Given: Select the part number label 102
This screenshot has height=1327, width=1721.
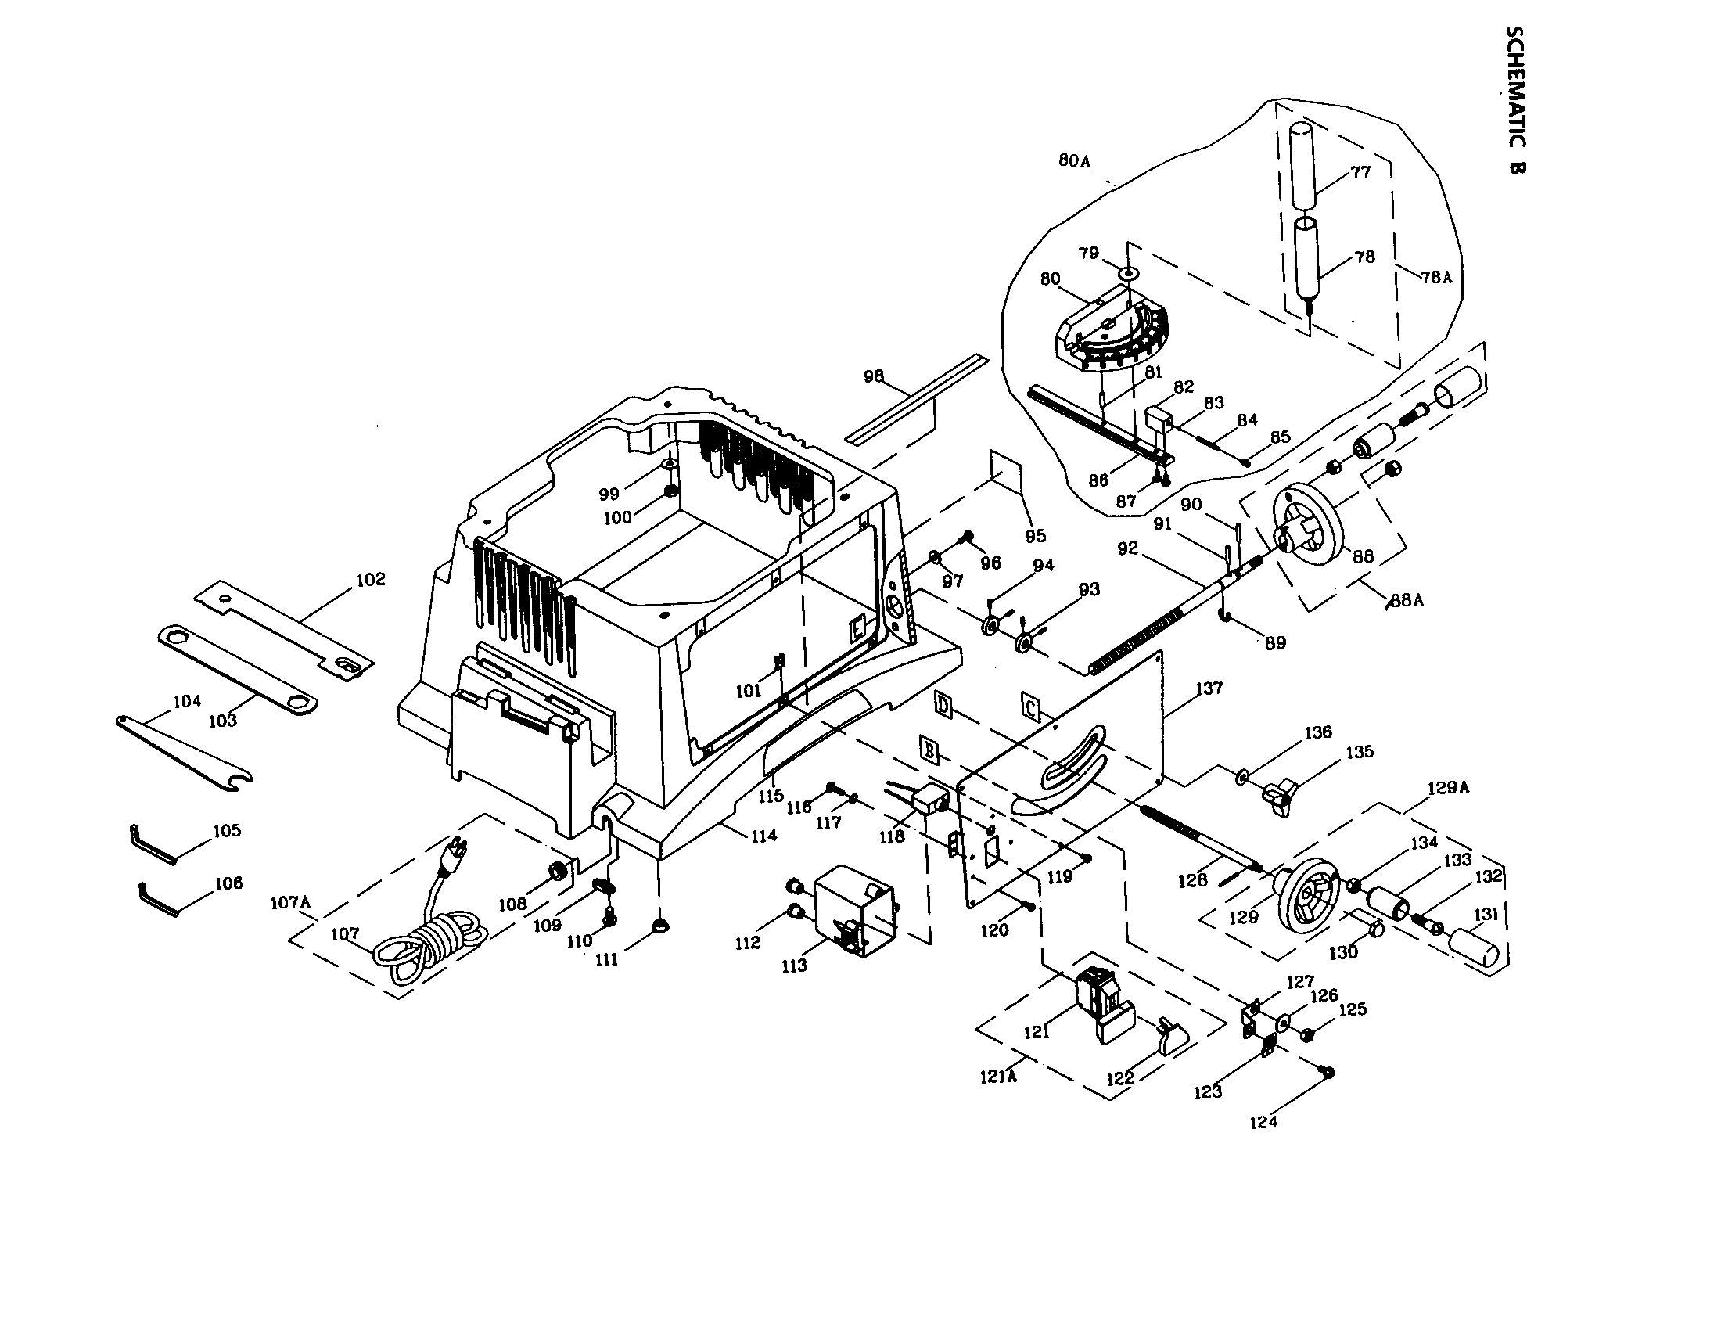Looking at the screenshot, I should pos(371,579).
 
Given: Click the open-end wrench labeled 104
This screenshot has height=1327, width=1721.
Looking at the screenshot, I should pos(185,747).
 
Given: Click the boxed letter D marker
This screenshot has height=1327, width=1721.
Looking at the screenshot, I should pos(943,703).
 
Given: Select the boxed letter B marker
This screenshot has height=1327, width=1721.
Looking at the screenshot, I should pos(930,750).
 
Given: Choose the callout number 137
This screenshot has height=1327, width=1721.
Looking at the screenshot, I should pos(1209,688).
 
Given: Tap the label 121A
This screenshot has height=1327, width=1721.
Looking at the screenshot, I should pos(997,1077).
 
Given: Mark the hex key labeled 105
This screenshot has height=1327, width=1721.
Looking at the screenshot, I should pos(153,845).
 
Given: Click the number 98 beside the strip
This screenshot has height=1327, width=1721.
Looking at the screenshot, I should pos(873,376).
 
